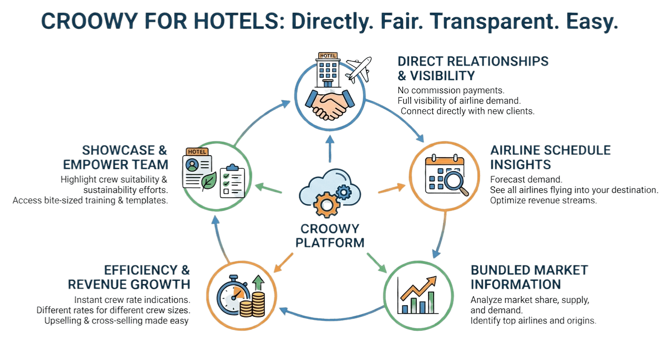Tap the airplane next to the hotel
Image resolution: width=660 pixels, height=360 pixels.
pyautogui.click(x=359, y=69)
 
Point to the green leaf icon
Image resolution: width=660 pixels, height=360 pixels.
pyautogui.click(x=209, y=181)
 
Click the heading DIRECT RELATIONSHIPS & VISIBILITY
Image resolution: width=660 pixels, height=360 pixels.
pyautogui.click(x=472, y=68)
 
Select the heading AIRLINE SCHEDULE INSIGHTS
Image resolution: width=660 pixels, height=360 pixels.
pyautogui.click(x=550, y=157)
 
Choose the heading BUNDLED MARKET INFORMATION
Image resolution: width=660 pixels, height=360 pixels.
pyautogui.click(x=529, y=277)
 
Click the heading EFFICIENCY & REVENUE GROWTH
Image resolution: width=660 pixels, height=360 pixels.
pyautogui.click(x=129, y=277)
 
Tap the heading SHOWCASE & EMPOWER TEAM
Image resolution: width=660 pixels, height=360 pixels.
pyautogui.click(x=125, y=157)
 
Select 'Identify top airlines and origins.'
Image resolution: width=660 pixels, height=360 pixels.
pyautogui.click(x=533, y=321)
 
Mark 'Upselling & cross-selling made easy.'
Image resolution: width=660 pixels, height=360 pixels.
pyautogui.click(x=117, y=321)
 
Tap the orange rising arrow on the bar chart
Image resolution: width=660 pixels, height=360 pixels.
pyautogui.click(x=419, y=287)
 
